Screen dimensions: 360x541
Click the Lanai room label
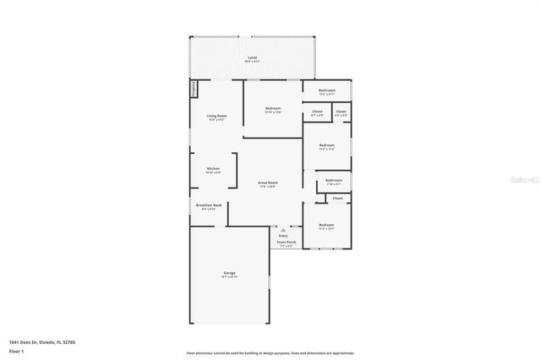[x=253, y=59]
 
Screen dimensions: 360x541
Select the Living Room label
[x=216, y=117]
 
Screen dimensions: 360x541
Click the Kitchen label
[x=213, y=170]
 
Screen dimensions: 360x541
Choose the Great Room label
[x=267, y=184]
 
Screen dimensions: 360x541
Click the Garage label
[x=229, y=274]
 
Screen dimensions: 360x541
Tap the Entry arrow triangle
[x=283, y=229]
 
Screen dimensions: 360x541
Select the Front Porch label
[x=287, y=243]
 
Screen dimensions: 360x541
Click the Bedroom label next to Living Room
[x=272, y=110]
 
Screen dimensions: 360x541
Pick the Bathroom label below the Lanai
[x=327, y=91]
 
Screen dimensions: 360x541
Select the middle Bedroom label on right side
[x=326, y=147]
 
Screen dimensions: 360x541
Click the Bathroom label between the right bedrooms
[x=334, y=181]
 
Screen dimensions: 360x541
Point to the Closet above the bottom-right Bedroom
[x=337, y=199]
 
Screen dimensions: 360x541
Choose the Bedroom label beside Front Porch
[x=326, y=226]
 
